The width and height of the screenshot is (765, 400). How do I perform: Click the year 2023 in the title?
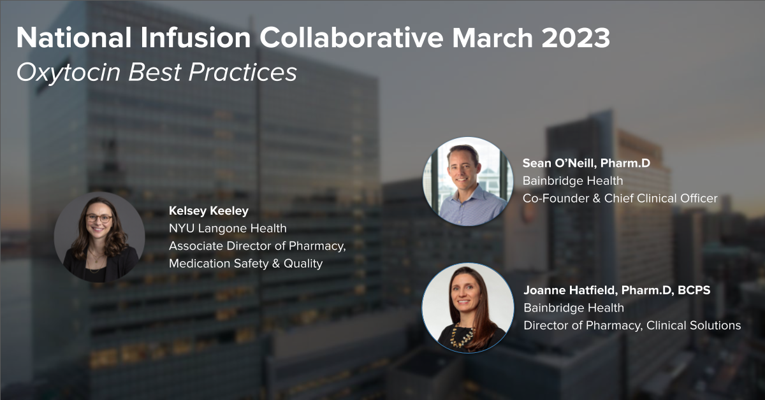click(x=575, y=38)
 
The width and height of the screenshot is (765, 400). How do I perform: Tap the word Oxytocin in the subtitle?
click(x=68, y=73)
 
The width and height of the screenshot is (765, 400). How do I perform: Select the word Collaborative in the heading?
click(x=351, y=38)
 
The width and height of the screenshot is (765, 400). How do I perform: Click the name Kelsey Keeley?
click(x=208, y=211)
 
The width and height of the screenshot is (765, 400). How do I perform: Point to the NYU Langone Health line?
click(x=228, y=228)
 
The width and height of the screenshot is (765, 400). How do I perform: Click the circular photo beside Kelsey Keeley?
click(x=99, y=237)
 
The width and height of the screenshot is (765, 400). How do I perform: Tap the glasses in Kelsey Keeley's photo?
click(x=99, y=218)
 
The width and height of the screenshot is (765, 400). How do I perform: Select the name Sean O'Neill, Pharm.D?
click(x=586, y=163)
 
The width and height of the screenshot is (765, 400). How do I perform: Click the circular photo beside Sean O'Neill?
click(x=468, y=182)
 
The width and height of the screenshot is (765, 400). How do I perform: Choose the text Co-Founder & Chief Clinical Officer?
click(x=620, y=198)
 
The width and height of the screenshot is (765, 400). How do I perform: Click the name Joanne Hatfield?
click(x=570, y=290)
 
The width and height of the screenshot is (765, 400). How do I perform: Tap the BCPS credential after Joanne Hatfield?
click(x=694, y=290)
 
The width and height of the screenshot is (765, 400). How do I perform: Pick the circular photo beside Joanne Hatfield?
click(x=468, y=308)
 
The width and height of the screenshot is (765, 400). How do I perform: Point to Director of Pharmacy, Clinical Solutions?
click(x=632, y=325)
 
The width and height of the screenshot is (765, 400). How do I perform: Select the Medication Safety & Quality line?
click(x=245, y=264)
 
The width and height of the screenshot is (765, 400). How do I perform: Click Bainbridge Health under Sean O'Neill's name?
click(x=572, y=180)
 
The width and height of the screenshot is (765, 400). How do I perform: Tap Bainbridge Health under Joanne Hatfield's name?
click(x=574, y=308)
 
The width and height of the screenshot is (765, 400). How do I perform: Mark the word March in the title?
click(x=492, y=38)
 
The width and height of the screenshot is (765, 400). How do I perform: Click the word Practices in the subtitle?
click(x=242, y=73)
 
